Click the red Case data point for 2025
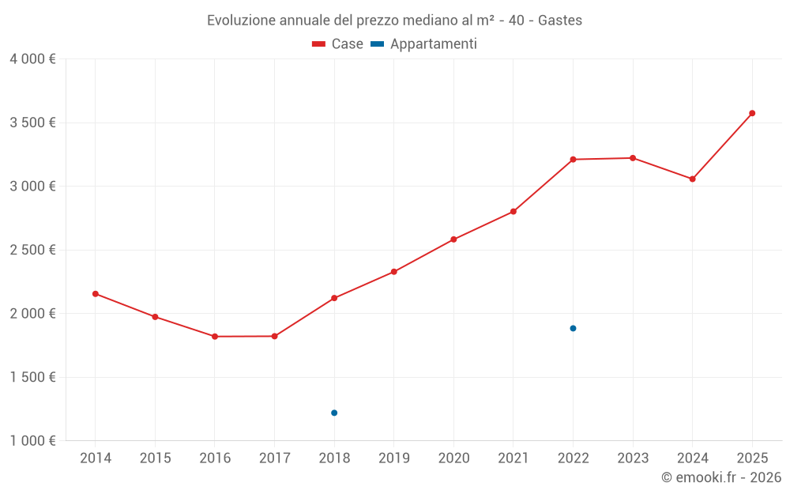pyautogui.click(x=752, y=113)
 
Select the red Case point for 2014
pyautogui.click(x=96, y=294)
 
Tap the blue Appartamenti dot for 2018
pyautogui.click(x=334, y=413)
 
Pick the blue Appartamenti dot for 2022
pyautogui.click(x=573, y=328)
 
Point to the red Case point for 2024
pyautogui.click(x=692, y=179)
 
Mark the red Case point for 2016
pyautogui.click(x=215, y=337)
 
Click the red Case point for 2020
pyautogui.click(x=453, y=239)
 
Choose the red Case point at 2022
pyautogui.click(x=573, y=160)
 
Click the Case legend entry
pyautogui.click(x=338, y=44)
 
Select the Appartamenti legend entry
pyautogui.click(x=424, y=44)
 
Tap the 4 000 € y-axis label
pyautogui.click(x=33, y=59)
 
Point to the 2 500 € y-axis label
pyautogui.click(x=33, y=250)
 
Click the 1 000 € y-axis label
pyautogui.click(x=33, y=441)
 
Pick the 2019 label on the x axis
pyautogui.click(x=393, y=458)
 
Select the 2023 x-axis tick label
pyautogui.click(x=632, y=458)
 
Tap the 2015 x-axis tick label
pyautogui.click(x=155, y=458)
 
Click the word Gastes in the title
pyautogui.click(x=560, y=21)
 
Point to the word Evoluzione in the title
pyautogui.click(x=240, y=21)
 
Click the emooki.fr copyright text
pyautogui.click(x=721, y=477)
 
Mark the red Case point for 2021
pyautogui.click(x=513, y=212)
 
